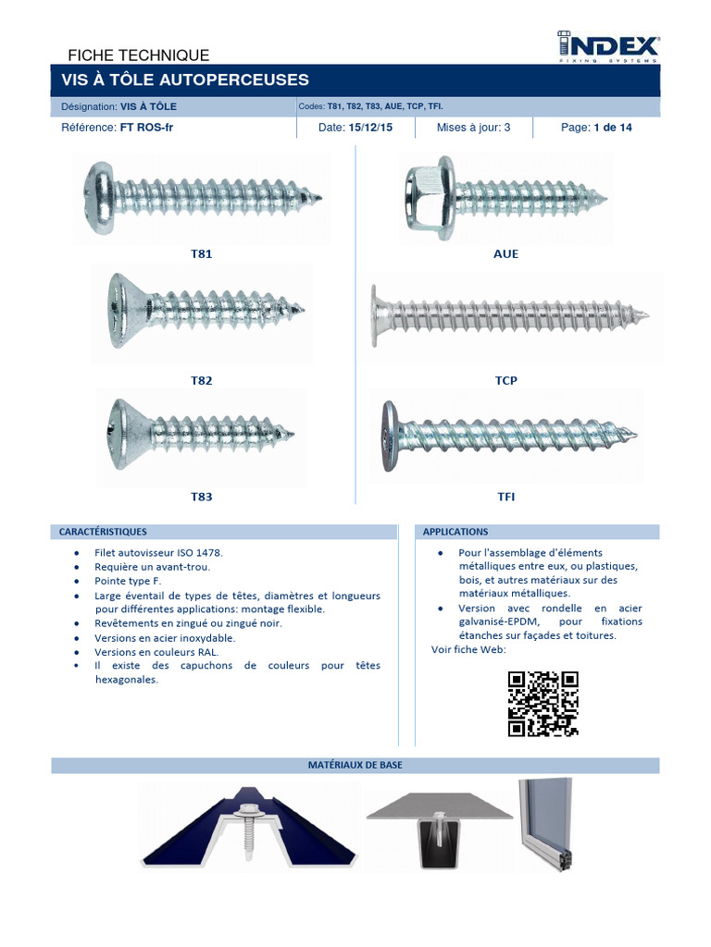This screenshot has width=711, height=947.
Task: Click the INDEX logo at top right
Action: pyautogui.click(x=607, y=46)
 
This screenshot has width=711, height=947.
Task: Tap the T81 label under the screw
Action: pyautogui.click(x=201, y=253)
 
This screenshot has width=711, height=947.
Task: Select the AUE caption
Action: pyautogui.click(x=506, y=253)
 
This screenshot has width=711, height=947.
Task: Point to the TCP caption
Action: pyautogui.click(x=506, y=380)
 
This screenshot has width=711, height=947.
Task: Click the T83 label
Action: pyautogui.click(x=201, y=497)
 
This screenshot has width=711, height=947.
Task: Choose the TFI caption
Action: pyautogui.click(x=506, y=497)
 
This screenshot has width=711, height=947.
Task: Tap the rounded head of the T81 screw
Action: pyautogui.click(x=98, y=198)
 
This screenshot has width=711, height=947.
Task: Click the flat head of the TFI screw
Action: pyautogui.click(x=390, y=436)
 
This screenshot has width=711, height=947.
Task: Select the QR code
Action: pyautogui.click(x=543, y=704)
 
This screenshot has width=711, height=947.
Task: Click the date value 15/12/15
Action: pyautogui.click(x=370, y=128)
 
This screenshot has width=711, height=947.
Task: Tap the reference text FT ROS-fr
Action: pyautogui.click(x=146, y=128)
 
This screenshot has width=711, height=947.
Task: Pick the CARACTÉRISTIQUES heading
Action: pyautogui.click(x=103, y=532)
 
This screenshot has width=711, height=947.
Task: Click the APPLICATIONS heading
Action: pyautogui.click(x=455, y=532)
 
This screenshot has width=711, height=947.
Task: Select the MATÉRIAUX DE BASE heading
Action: pyautogui.click(x=355, y=765)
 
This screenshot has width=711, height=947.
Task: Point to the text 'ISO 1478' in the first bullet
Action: pyautogui.click(x=200, y=553)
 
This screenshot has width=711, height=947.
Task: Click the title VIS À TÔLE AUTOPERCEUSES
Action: pyautogui.click(x=185, y=80)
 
